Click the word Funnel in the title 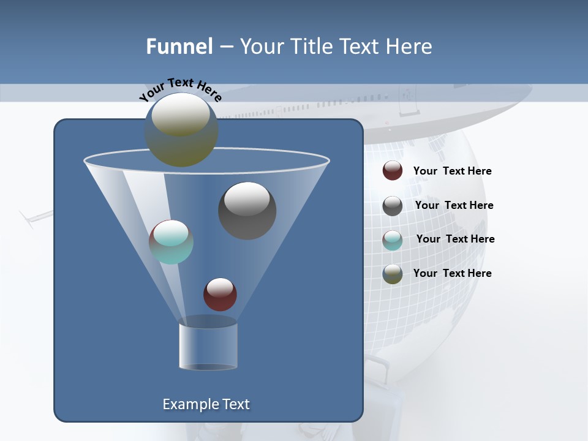(179, 47)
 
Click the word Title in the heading (312, 47)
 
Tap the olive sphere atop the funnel (181, 129)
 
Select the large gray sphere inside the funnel (247, 210)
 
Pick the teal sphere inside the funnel (171, 242)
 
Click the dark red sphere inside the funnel (220, 294)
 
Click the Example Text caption (206, 404)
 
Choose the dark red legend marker (393, 171)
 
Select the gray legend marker (393, 206)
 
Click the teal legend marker (393, 240)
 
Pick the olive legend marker (393, 274)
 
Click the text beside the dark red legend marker (452, 171)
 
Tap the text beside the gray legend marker (454, 206)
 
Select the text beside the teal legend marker (455, 239)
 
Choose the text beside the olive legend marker (452, 273)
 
